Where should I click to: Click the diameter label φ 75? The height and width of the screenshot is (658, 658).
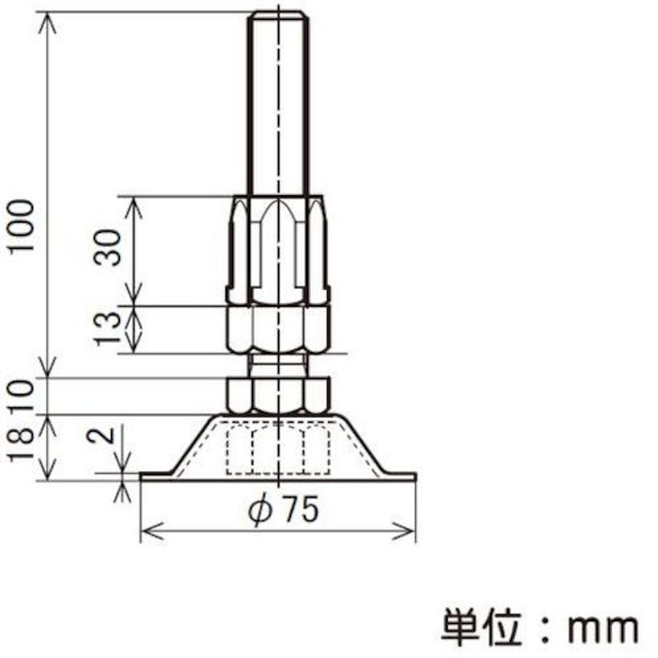coord(286,510)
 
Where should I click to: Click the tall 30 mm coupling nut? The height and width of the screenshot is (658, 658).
coord(278,250)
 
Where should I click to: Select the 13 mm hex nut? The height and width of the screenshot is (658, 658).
coord(278,329)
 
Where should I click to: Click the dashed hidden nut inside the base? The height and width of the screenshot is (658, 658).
coord(278,449)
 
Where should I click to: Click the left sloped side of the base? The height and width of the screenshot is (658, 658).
coord(192,443)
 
